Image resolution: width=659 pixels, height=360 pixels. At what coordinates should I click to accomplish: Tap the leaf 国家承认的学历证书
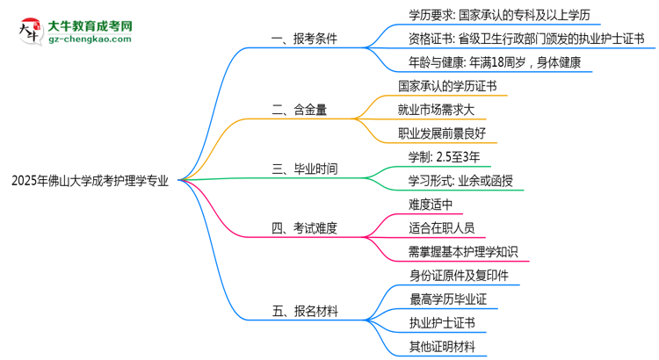tap(452, 86)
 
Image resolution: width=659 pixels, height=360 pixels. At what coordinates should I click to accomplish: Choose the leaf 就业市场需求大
tap(439, 110)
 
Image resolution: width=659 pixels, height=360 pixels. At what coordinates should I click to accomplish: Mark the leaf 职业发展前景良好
tap(445, 133)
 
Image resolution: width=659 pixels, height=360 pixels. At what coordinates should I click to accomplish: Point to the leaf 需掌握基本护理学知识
tap(463, 252)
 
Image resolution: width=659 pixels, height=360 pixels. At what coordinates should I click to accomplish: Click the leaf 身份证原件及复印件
tap(458, 276)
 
